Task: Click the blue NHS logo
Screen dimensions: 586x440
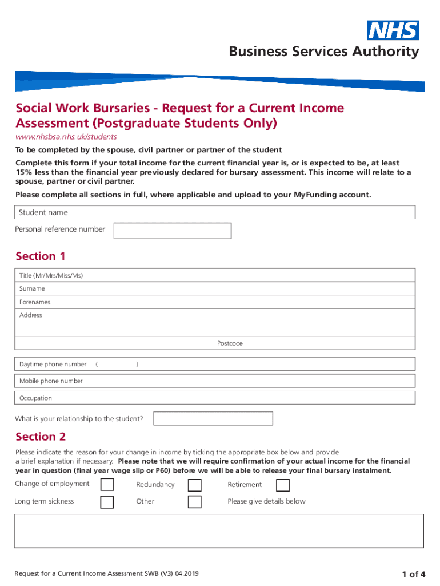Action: pos(393,30)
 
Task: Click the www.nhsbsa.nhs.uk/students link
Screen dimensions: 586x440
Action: pos(66,137)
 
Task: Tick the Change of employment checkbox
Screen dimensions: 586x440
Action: pos(107,485)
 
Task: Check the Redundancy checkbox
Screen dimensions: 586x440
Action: pos(195,485)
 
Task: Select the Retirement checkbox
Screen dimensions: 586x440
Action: pos(283,485)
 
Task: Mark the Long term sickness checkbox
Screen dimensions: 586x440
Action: pos(107,502)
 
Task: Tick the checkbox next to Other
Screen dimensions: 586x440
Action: pos(195,502)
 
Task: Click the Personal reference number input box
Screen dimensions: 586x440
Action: pos(173,231)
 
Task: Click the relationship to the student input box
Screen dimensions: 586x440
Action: pos(214,418)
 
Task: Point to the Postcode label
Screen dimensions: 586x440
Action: pos(230,343)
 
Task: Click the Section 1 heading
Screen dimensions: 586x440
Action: pos(41,256)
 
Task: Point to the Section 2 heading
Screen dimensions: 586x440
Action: pos(41,437)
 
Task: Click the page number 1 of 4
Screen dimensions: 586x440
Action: pos(413,574)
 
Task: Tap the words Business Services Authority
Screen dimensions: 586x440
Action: pos(324,52)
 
